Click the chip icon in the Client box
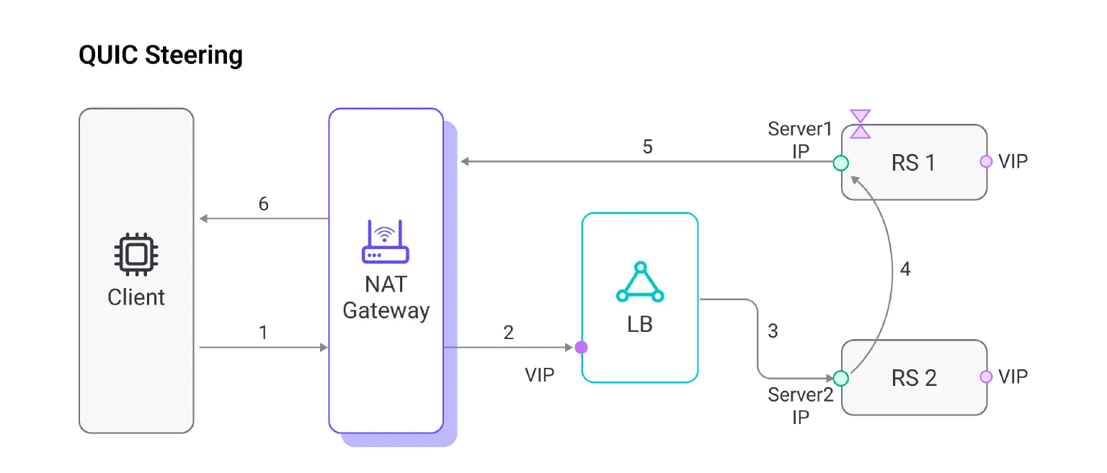[x=136, y=254]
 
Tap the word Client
[x=136, y=297]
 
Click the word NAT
[x=386, y=284]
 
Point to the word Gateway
[x=386, y=311]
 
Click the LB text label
[x=640, y=325]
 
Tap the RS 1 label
[x=913, y=163]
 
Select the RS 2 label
[x=914, y=378]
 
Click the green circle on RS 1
[x=840, y=163]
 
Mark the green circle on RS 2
[x=840, y=377]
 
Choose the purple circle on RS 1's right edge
[x=986, y=161]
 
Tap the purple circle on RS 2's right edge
[x=986, y=377]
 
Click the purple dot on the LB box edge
[x=580, y=348]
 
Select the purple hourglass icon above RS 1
[x=860, y=124]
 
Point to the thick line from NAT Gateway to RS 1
[x=649, y=163]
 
